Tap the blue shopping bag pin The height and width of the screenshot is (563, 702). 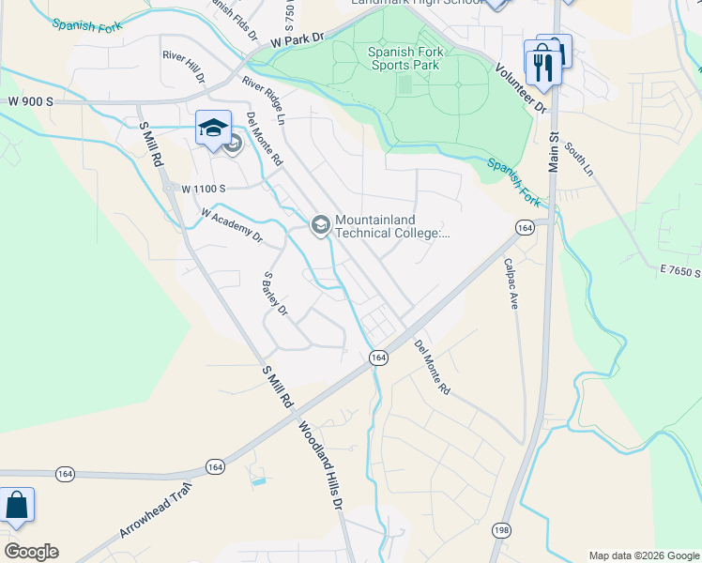17,505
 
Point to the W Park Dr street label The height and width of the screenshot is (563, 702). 298,40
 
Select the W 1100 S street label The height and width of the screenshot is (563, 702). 205,189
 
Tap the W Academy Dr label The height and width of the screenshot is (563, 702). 231,226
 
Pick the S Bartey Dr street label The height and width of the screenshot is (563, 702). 275,294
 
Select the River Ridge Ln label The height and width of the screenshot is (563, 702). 263,100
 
